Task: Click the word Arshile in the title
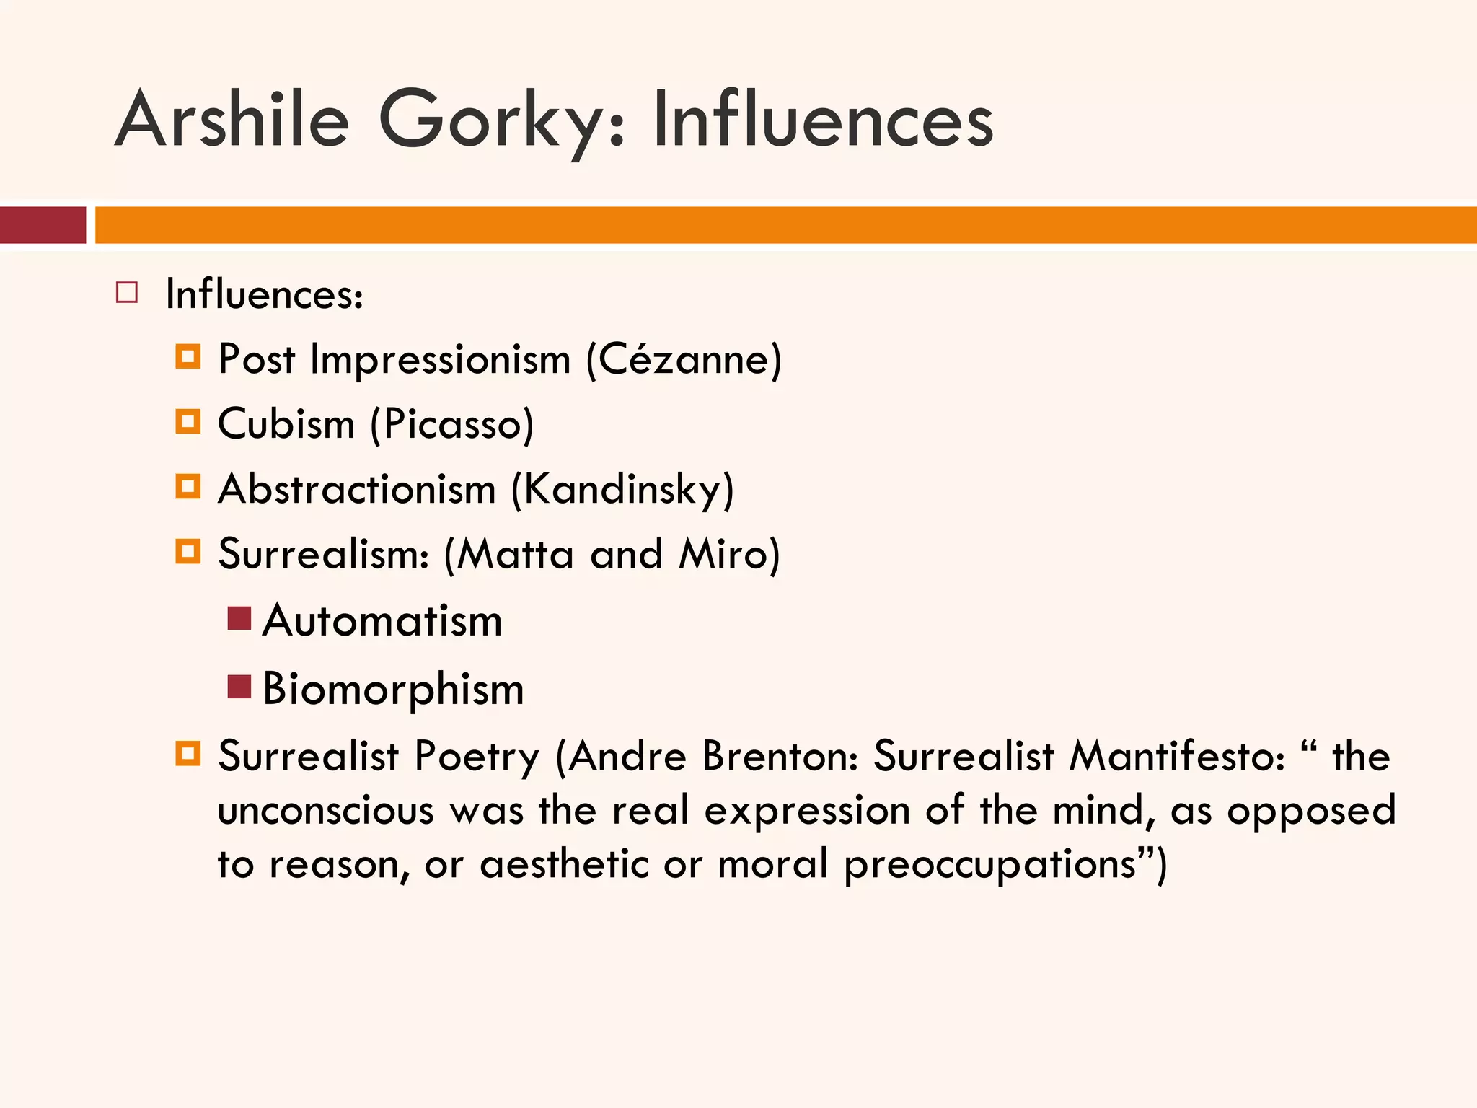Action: click(x=232, y=120)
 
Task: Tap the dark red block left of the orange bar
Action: click(x=43, y=225)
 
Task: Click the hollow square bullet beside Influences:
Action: click(x=127, y=293)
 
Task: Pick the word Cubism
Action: click(x=286, y=424)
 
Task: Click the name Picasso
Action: click(x=452, y=424)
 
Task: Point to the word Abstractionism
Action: click(x=357, y=489)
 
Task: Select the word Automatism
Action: click(x=382, y=621)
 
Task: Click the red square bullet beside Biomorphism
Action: click(x=239, y=687)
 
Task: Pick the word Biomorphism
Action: click(x=393, y=690)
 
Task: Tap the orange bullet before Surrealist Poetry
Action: click(x=188, y=755)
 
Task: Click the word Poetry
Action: click(x=477, y=757)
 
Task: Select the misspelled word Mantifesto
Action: click(x=1176, y=756)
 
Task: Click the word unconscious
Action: click(x=326, y=810)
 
